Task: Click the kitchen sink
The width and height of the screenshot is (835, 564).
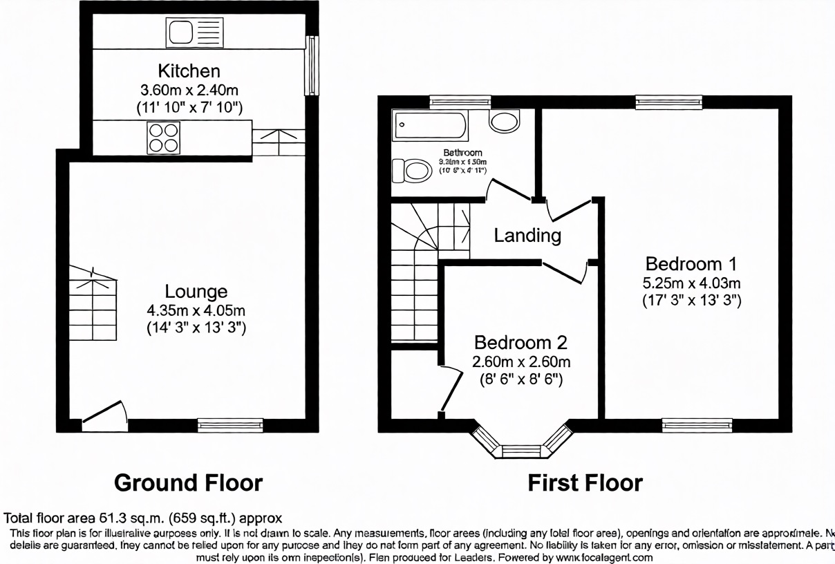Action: point(194,32)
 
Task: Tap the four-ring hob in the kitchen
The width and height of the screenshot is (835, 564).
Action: point(164,137)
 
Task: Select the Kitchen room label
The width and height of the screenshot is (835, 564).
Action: point(189,70)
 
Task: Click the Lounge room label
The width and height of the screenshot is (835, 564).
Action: point(196,291)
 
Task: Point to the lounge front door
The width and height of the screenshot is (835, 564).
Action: point(104,413)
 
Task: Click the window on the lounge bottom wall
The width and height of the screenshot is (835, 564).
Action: point(230,425)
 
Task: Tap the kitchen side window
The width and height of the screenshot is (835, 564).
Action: point(312,66)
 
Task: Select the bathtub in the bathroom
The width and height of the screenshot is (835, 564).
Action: point(429,126)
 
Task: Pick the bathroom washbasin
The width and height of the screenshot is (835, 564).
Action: point(505,122)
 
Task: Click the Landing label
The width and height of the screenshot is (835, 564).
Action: point(527,236)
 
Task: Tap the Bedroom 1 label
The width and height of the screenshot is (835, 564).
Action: point(691,263)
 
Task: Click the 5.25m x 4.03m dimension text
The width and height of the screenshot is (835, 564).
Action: point(691,283)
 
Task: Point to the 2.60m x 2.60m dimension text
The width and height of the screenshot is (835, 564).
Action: point(520,361)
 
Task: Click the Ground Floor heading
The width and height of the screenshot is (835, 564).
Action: point(188,482)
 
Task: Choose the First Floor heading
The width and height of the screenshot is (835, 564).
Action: point(585,482)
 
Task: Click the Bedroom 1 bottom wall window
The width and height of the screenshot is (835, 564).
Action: point(697,424)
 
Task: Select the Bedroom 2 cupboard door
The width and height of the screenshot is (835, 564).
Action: point(451,389)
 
